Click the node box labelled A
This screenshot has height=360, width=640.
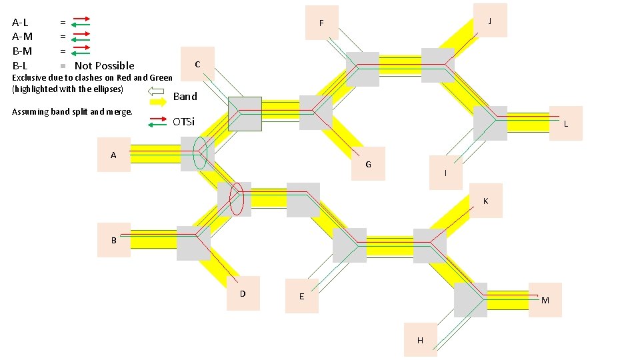click(113, 155)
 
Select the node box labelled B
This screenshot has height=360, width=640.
click(113, 240)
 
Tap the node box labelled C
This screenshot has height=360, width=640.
click(197, 64)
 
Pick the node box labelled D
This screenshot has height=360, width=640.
click(243, 293)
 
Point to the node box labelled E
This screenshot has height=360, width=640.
click(301, 295)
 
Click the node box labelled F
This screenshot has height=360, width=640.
click(321, 23)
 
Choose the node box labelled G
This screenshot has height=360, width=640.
click(368, 163)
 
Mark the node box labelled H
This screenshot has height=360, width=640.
click(420, 339)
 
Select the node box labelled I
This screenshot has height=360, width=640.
click(446, 173)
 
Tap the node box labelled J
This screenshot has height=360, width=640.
click(489, 21)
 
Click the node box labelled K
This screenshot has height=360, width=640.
click(485, 200)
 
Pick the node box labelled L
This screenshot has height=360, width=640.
click(565, 123)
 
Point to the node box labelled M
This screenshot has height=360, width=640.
click(545, 300)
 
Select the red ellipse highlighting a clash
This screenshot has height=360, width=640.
click(237, 199)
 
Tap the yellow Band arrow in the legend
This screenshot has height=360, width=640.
click(158, 102)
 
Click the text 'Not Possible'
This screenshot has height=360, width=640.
click(104, 65)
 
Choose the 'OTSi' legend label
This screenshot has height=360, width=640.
click(183, 122)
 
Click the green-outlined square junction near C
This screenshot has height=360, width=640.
click(245, 113)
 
